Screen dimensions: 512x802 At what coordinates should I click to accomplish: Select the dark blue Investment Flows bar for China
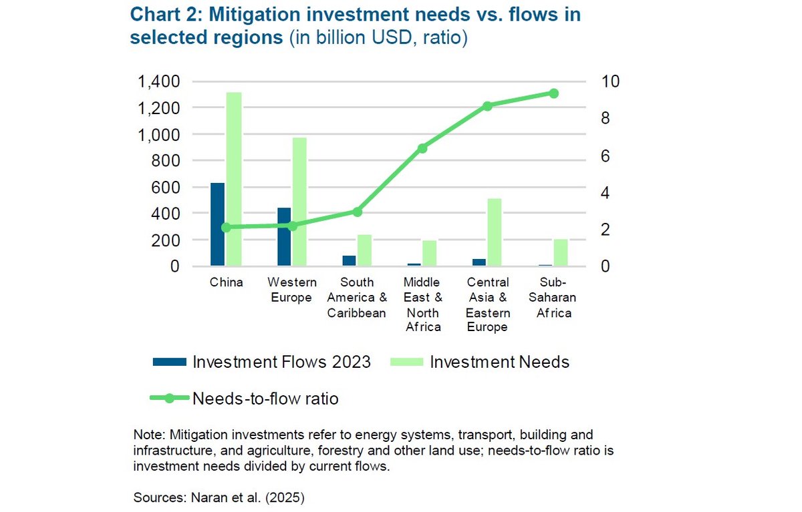(x=217, y=224)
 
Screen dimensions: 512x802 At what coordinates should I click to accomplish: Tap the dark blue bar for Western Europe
(x=284, y=237)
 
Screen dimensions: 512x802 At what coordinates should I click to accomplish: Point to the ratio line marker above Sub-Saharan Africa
(x=553, y=93)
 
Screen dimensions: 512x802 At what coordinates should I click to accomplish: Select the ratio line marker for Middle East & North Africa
(x=422, y=148)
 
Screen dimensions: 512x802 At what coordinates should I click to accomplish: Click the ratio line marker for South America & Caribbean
(x=357, y=212)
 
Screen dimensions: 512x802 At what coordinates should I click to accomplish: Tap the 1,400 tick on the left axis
(x=159, y=81)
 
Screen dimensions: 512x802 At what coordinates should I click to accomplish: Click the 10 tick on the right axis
(x=611, y=81)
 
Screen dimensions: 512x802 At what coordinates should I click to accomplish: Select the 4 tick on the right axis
(x=606, y=193)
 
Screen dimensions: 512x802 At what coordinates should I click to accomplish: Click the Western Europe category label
(x=291, y=290)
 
